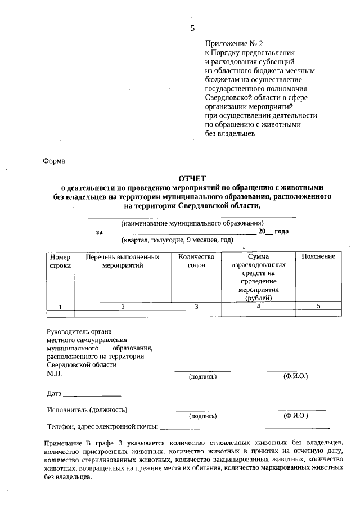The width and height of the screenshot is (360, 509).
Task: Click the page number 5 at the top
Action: coord(192,28)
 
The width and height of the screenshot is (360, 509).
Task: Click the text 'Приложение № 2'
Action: coord(233,43)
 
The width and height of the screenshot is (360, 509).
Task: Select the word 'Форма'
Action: coord(54,161)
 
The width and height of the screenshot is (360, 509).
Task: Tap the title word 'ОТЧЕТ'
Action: coord(192,178)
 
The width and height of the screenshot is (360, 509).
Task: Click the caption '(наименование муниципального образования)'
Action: coord(192,223)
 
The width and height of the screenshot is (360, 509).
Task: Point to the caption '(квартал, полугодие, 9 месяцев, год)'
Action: coord(177,240)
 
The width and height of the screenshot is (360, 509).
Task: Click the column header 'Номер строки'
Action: coord(60,261)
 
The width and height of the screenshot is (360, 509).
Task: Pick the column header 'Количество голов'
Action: coord(196,261)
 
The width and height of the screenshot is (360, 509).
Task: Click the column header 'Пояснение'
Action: coord(318,256)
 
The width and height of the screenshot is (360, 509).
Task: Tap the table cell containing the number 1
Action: coord(60,307)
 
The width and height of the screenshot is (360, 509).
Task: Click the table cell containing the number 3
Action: coord(196,307)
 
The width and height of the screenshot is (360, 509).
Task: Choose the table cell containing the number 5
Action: coord(318,306)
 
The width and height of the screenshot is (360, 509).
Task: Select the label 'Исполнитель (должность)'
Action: coord(87,409)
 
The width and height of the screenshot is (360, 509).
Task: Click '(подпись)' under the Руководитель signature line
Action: coord(202,376)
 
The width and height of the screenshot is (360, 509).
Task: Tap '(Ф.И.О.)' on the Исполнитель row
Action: coord(296,416)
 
